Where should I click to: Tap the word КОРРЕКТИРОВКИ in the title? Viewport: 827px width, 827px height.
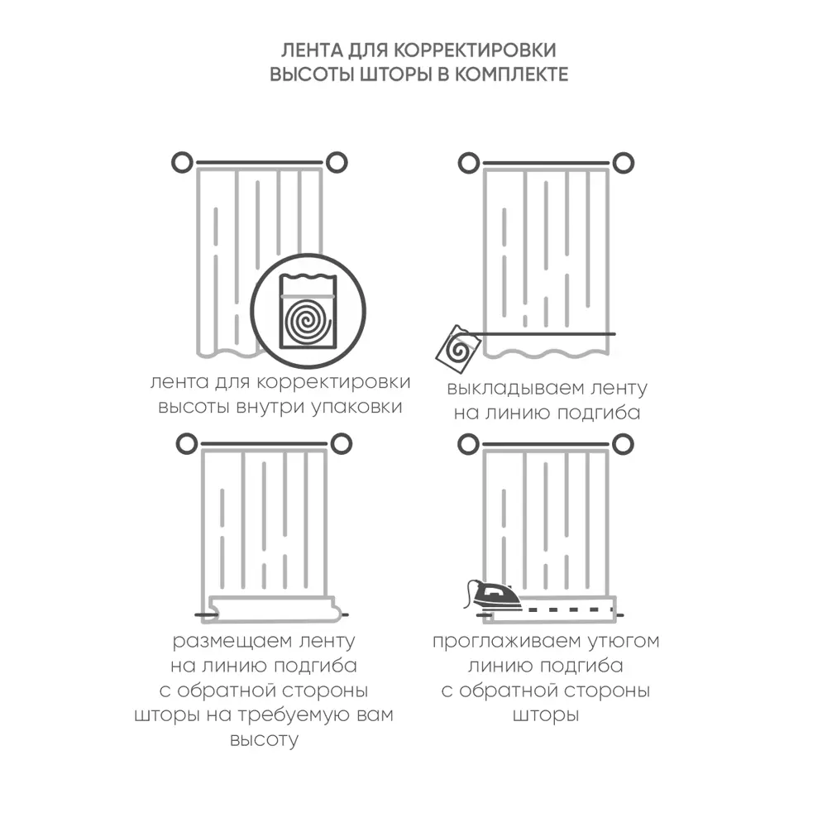(475, 50)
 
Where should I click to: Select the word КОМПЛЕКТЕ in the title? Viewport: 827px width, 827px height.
(511, 74)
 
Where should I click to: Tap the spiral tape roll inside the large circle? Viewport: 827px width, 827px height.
(308, 321)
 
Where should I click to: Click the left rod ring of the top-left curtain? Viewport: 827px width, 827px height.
(182, 162)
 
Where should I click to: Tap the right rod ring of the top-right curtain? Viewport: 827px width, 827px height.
(623, 162)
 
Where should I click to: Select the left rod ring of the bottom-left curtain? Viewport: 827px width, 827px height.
(187, 444)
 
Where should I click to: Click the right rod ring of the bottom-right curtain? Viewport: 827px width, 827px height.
(623, 444)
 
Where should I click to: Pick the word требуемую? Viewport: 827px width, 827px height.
(289, 715)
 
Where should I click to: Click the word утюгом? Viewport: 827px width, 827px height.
(624, 642)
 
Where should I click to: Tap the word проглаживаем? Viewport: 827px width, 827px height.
(506, 642)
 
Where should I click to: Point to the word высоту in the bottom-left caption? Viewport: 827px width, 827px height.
(264, 740)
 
